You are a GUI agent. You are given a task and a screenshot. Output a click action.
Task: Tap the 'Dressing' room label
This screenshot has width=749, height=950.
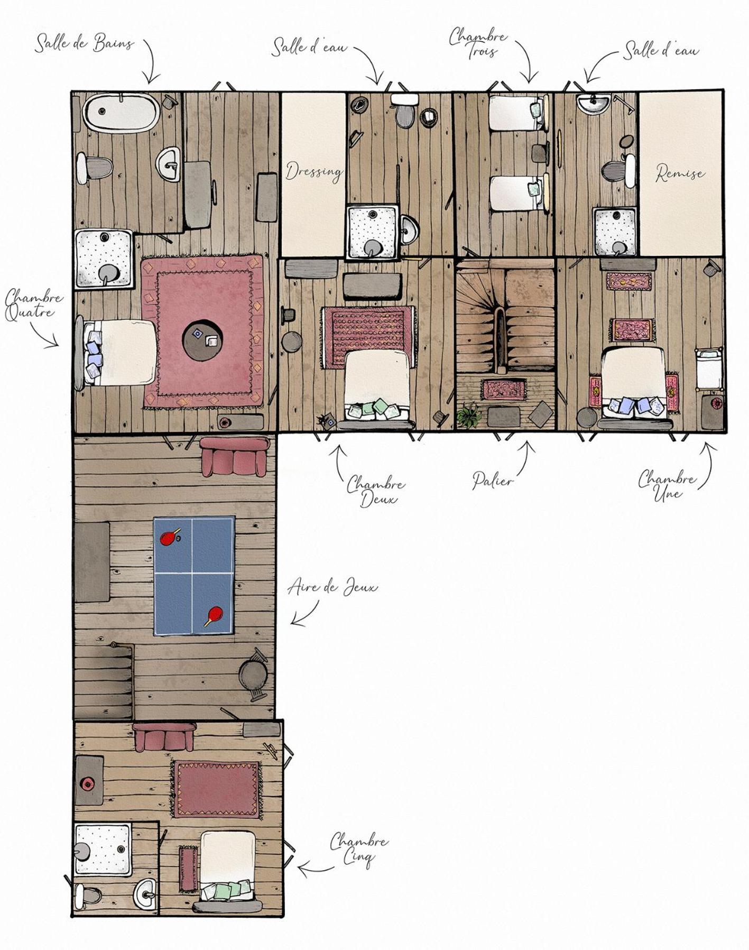314,171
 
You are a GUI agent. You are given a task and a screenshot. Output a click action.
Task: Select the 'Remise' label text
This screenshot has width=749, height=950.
680,172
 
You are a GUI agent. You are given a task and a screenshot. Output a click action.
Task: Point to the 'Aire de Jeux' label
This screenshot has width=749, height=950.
333,587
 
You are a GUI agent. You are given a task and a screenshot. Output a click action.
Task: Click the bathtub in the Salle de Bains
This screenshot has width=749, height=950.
121,112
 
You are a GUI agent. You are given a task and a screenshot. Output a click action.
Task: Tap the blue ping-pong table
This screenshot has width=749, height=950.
194,576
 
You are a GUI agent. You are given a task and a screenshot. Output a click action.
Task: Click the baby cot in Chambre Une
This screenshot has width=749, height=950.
709,368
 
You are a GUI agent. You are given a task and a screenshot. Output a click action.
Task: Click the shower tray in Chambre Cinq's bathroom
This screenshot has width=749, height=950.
102,849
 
